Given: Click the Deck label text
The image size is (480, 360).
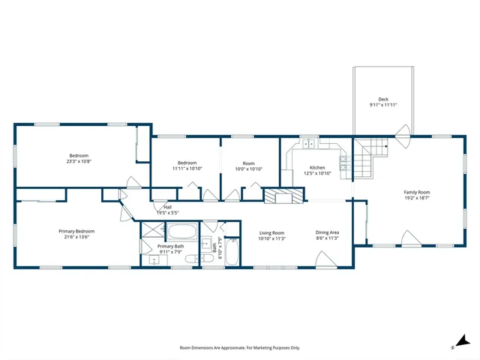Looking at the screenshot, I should tap(383, 99).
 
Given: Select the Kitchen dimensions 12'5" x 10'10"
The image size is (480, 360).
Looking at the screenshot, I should tap(318, 173).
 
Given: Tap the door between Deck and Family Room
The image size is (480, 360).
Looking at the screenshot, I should tap(403, 138).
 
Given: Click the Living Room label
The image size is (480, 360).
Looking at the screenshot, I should tap(271, 232).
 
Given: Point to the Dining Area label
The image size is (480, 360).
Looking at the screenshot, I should tap(328, 232).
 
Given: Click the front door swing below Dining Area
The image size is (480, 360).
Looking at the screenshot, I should tap(327, 260).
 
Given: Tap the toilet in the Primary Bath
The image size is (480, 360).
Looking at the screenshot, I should tap(190, 259).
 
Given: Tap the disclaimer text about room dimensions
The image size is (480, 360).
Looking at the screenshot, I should tap(239, 347).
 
